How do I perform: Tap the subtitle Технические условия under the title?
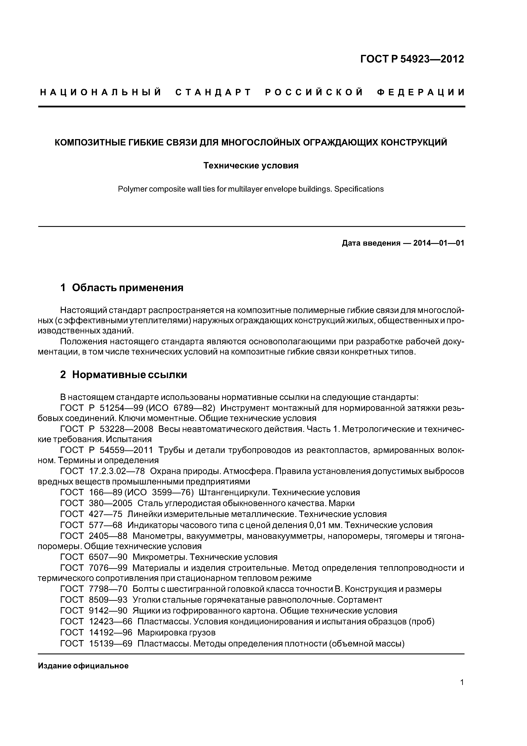coord(251,166)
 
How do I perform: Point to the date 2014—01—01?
coord(439,243)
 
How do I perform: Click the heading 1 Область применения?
coord(122,288)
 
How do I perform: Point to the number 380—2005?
coord(110,503)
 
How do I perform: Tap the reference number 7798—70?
coord(108,589)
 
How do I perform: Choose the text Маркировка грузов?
coord(176,632)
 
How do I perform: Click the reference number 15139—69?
coord(110,643)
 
